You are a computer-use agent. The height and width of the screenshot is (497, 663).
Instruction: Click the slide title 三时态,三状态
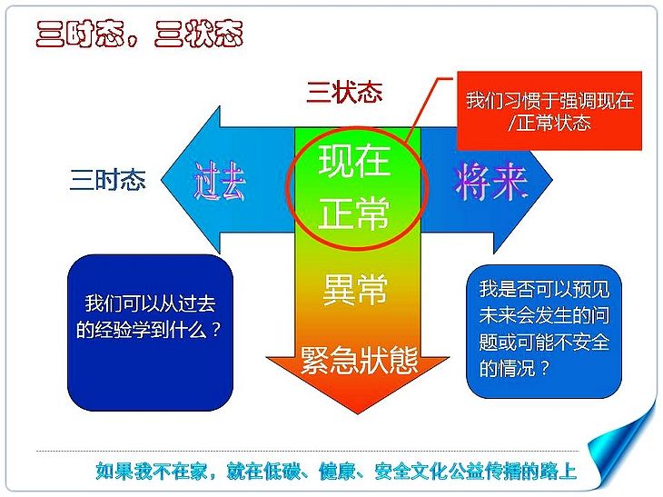point(139,34)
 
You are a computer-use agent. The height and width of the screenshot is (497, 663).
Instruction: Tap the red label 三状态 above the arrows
point(344,92)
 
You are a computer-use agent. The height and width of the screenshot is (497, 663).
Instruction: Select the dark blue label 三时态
point(108,180)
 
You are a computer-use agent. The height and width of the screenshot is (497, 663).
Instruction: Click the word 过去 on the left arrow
point(220,181)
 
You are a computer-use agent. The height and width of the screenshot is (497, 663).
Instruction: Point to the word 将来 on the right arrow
point(490,182)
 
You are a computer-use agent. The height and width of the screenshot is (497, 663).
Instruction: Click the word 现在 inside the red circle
point(354,161)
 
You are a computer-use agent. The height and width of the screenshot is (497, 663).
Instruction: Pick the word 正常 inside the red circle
point(354,213)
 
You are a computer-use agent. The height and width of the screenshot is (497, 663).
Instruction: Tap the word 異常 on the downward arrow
point(355,289)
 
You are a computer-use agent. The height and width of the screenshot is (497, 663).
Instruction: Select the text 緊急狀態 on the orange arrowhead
point(360,361)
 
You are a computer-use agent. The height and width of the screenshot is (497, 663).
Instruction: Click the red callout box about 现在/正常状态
point(549,111)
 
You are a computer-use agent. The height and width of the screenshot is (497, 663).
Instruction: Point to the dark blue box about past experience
point(150,333)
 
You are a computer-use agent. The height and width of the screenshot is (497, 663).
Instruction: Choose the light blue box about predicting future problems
point(544,332)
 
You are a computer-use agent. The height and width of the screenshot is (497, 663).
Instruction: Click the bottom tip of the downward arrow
point(358,413)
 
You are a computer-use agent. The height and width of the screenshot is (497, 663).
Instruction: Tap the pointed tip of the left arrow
point(162,180)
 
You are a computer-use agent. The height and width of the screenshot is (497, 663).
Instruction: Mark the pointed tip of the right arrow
point(552,180)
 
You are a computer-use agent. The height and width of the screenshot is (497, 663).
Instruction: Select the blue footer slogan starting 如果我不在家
point(336,472)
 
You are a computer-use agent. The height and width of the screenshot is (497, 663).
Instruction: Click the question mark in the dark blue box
point(215,329)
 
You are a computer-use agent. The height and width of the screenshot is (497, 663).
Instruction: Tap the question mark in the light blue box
point(545,368)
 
